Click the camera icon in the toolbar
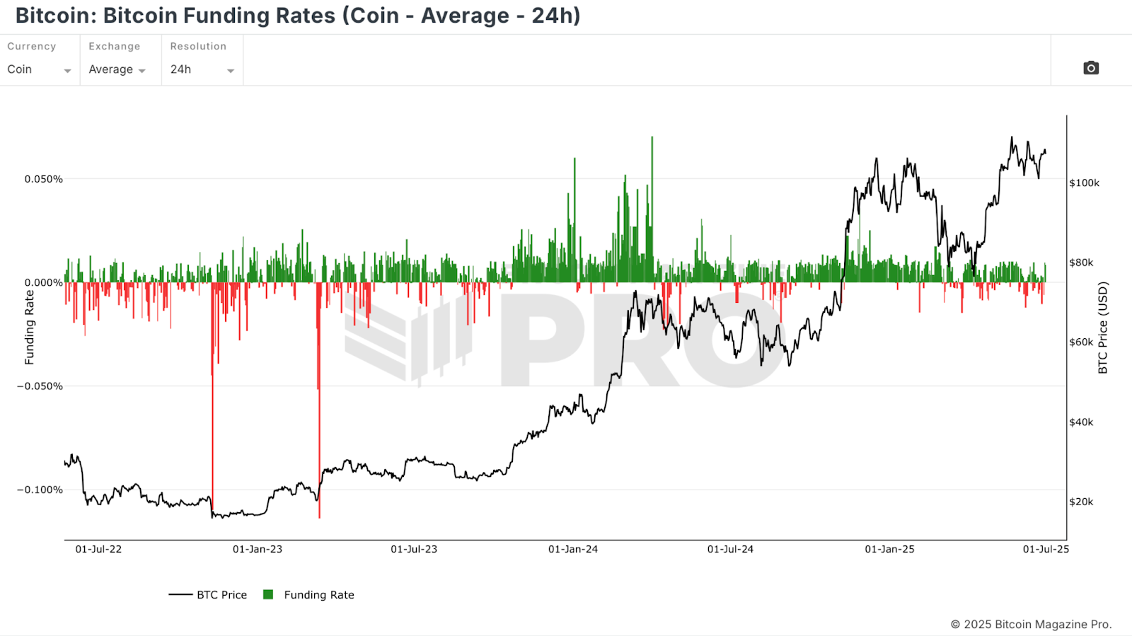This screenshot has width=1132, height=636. (1091, 68)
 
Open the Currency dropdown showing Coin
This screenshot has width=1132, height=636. (39, 69)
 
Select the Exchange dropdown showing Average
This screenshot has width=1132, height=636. (117, 69)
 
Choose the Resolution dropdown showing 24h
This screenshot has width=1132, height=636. (202, 69)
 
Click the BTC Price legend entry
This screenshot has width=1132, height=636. (208, 595)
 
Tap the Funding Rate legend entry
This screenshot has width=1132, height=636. (309, 595)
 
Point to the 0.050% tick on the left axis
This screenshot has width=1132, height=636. (44, 179)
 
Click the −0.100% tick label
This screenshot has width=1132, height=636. (40, 490)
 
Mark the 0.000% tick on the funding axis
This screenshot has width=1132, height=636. (44, 283)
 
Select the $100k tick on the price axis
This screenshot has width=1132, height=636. (1084, 183)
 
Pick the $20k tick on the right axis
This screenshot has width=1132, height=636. (1081, 502)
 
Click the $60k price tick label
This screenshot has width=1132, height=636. (1081, 342)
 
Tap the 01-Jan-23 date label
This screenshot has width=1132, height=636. (258, 549)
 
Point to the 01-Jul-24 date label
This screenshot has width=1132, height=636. (730, 549)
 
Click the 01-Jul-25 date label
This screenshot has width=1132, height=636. (1046, 549)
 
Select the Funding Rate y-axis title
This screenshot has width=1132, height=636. (30, 328)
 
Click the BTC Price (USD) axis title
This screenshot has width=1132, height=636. (1102, 328)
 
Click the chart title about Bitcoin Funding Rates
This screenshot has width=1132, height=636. (298, 16)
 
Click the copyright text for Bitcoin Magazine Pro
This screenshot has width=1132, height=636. (1031, 624)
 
